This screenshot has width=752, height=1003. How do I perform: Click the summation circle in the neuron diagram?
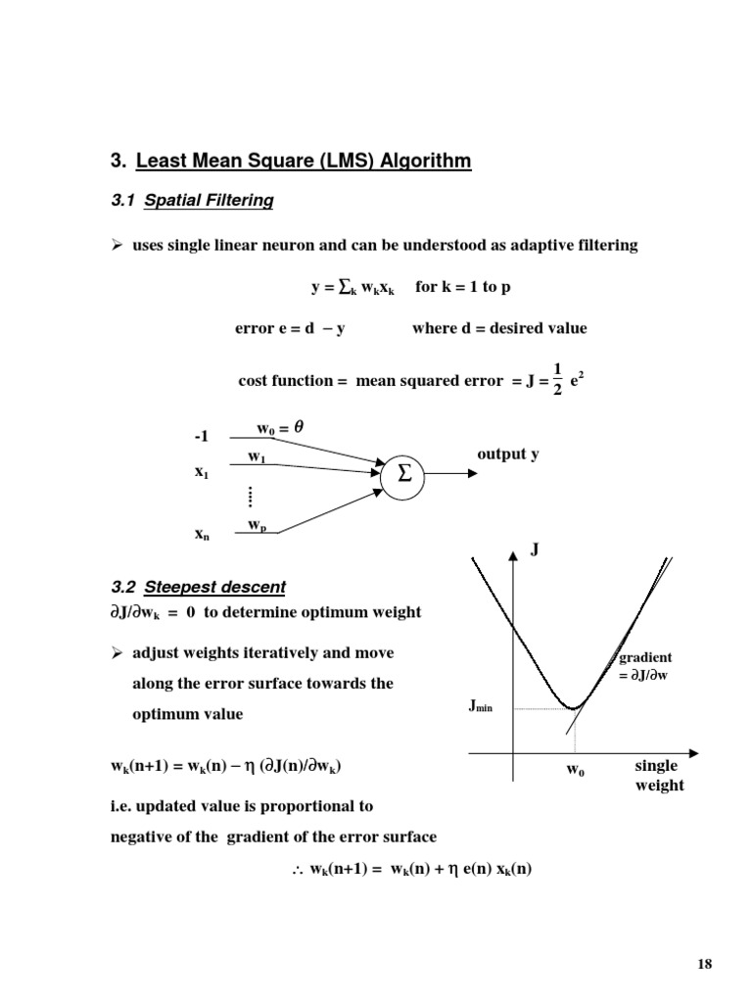click(405, 473)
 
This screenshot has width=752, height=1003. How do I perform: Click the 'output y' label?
click(507, 454)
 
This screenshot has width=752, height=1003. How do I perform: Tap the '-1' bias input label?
click(204, 436)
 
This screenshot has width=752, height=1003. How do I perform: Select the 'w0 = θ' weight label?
click(278, 428)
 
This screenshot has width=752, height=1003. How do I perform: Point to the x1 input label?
click(202, 471)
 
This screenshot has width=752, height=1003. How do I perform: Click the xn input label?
click(202, 535)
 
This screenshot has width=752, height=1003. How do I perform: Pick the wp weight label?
click(257, 526)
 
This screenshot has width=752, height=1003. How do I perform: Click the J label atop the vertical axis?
click(535, 550)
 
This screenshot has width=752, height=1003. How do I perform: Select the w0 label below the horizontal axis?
click(576, 770)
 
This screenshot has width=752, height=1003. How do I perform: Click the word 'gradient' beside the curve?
click(645, 657)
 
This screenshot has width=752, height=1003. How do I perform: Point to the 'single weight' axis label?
click(658, 776)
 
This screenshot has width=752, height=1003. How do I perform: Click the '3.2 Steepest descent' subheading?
click(199, 588)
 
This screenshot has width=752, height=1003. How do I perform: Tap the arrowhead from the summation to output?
click(473, 473)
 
